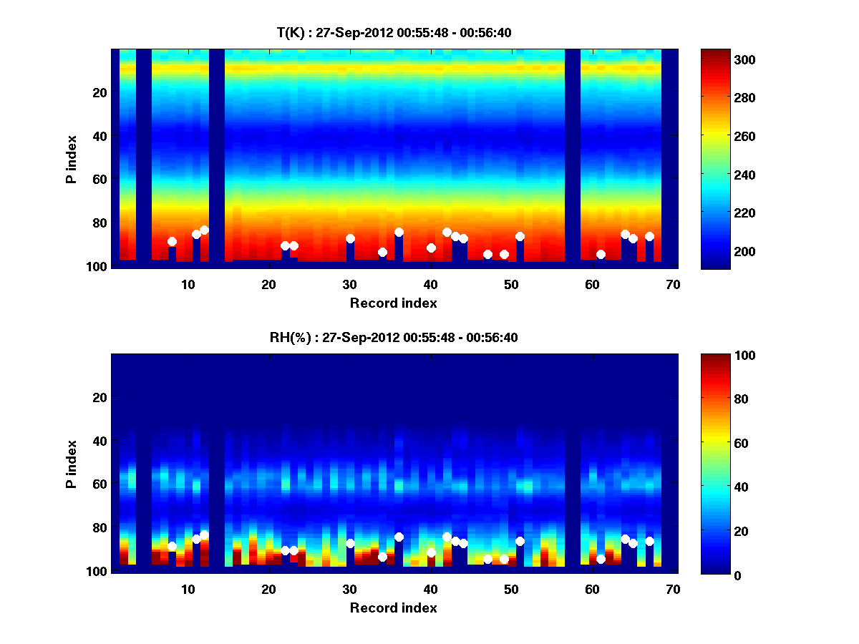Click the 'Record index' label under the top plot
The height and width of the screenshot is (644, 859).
[x=394, y=303]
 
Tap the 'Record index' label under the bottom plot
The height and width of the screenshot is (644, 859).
[x=394, y=608]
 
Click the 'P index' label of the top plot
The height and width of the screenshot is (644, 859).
[x=72, y=160]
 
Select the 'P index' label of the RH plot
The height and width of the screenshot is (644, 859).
[x=72, y=464]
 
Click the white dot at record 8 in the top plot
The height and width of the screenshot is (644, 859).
[x=172, y=242]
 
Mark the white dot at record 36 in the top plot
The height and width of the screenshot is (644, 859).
[x=399, y=232]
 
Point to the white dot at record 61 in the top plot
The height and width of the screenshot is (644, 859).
[x=601, y=255]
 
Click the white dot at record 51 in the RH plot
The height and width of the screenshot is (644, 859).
[x=520, y=541]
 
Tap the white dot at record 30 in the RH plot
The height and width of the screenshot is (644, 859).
[x=350, y=543]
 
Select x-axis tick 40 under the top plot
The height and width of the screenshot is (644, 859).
[x=430, y=284]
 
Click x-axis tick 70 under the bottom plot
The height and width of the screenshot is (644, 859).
[x=673, y=589]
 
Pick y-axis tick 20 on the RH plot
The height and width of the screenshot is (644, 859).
[x=99, y=397]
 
